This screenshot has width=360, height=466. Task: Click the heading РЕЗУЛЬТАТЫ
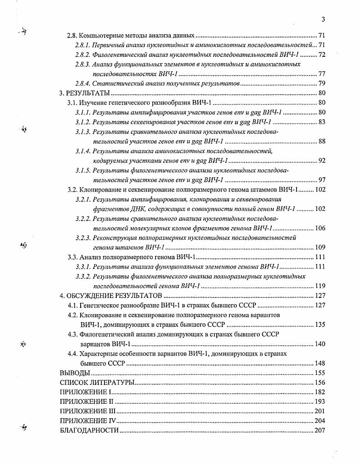tap(88, 93)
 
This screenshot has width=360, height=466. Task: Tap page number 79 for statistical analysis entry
tap(321, 83)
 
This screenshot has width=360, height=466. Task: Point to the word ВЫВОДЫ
tap(75, 373)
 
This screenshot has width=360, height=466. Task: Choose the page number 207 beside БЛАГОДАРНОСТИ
tap(319, 430)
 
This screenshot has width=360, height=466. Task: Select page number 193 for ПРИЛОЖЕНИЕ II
tap(319, 401)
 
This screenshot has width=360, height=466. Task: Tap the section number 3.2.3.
tap(83, 238)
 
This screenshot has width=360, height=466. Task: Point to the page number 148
tap(319, 363)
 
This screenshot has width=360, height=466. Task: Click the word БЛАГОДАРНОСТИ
tap(89, 430)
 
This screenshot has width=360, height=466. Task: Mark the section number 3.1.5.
tap(83, 170)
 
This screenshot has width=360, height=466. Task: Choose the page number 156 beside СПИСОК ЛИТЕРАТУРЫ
tap(319, 383)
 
